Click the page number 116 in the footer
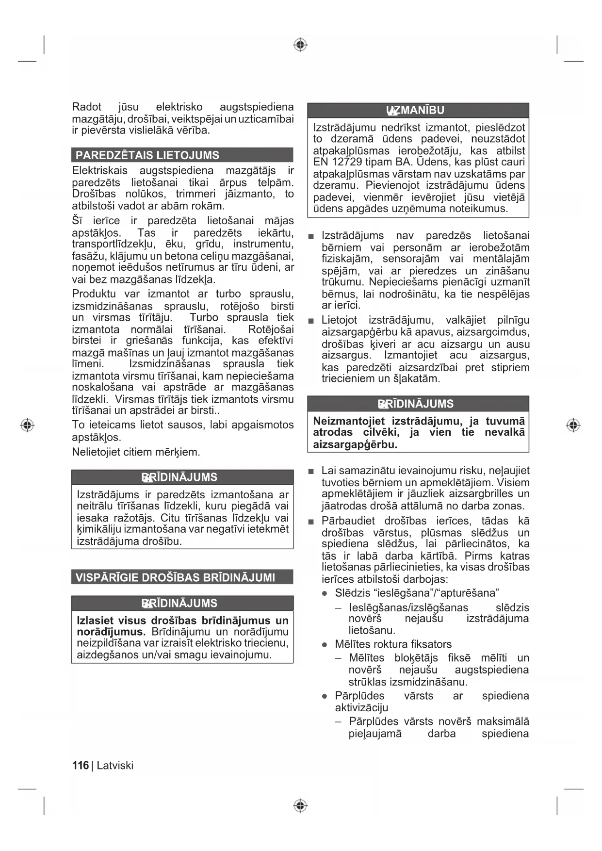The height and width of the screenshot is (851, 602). point(80,766)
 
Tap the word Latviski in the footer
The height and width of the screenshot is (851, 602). point(115,766)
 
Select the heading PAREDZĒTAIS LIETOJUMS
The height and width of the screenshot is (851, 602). point(147,155)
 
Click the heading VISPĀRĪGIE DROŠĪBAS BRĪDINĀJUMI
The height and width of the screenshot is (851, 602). point(175,577)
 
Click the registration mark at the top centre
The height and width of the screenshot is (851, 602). point(300,45)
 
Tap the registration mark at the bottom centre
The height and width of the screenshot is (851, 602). point(300,806)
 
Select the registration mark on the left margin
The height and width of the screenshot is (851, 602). point(27,425)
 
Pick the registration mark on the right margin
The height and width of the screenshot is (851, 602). point(573,425)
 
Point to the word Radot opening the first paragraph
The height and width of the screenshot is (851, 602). point(87,107)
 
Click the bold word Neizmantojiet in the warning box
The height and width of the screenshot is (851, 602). point(349,421)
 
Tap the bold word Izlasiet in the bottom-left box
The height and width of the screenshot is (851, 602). point(95,621)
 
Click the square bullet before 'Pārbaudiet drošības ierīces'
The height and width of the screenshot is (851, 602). point(311,522)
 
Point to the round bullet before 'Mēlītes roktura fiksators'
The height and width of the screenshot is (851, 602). point(325,645)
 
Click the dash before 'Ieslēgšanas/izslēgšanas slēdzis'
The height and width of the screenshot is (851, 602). point(338,608)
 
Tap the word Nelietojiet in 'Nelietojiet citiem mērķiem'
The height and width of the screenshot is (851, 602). point(96,452)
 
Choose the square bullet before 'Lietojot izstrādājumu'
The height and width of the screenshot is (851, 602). point(311,321)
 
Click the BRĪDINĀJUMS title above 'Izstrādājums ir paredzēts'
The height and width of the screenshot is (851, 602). point(179,477)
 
